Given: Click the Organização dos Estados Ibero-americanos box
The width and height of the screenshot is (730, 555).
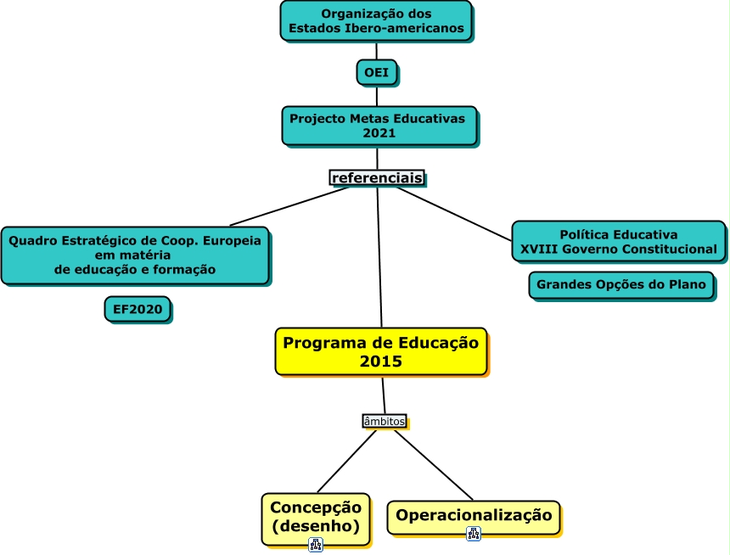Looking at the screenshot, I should click(376, 20).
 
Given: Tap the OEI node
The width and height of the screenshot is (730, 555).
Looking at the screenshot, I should click(376, 73).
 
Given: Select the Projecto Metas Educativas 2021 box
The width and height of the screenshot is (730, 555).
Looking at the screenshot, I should click(379, 125).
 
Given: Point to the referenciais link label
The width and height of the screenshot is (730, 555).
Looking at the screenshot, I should click(377, 177).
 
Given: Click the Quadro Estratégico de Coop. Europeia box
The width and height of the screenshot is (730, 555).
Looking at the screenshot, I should click(135, 255).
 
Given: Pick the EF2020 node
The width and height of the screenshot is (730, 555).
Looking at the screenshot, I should click(138, 310).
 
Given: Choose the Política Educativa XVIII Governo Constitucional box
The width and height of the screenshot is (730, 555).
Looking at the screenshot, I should click(618, 242).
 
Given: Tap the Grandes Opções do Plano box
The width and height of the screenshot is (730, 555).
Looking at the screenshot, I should click(624, 285).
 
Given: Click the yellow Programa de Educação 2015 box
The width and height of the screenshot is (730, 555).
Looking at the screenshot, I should click(381, 351).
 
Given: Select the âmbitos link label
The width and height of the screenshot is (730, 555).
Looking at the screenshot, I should click(384, 421).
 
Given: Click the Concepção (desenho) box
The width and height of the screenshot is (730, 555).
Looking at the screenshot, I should click(316, 518).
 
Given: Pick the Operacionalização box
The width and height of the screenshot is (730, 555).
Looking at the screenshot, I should click(474, 516).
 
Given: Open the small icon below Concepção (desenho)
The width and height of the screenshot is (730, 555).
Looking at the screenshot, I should click(316, 545).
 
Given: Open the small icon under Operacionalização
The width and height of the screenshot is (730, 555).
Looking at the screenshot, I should click(474, 534).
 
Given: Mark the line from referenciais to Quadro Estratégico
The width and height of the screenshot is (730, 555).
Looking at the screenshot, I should click(289, 205).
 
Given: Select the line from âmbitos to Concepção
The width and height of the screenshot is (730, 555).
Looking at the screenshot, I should click(346, 462).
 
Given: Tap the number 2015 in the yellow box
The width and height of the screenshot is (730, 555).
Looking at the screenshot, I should click(380, 362).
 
